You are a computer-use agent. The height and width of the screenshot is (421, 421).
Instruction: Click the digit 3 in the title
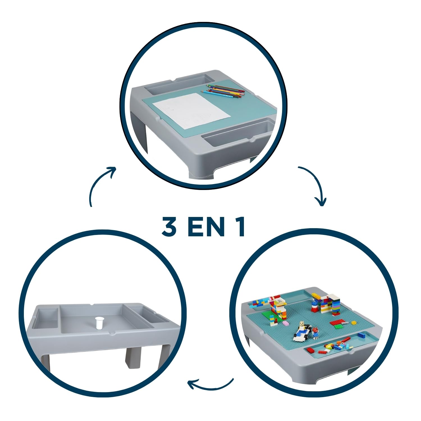click(169, 226)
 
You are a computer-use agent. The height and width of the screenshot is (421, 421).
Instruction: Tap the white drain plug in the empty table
click(99, 323)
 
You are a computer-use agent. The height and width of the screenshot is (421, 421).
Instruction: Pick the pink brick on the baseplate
click(286, 323)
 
